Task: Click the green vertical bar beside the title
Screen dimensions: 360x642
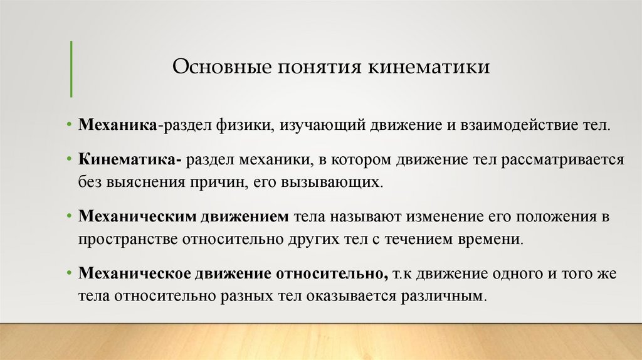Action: coord(71,68)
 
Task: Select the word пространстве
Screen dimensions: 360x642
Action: coord(128,239)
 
